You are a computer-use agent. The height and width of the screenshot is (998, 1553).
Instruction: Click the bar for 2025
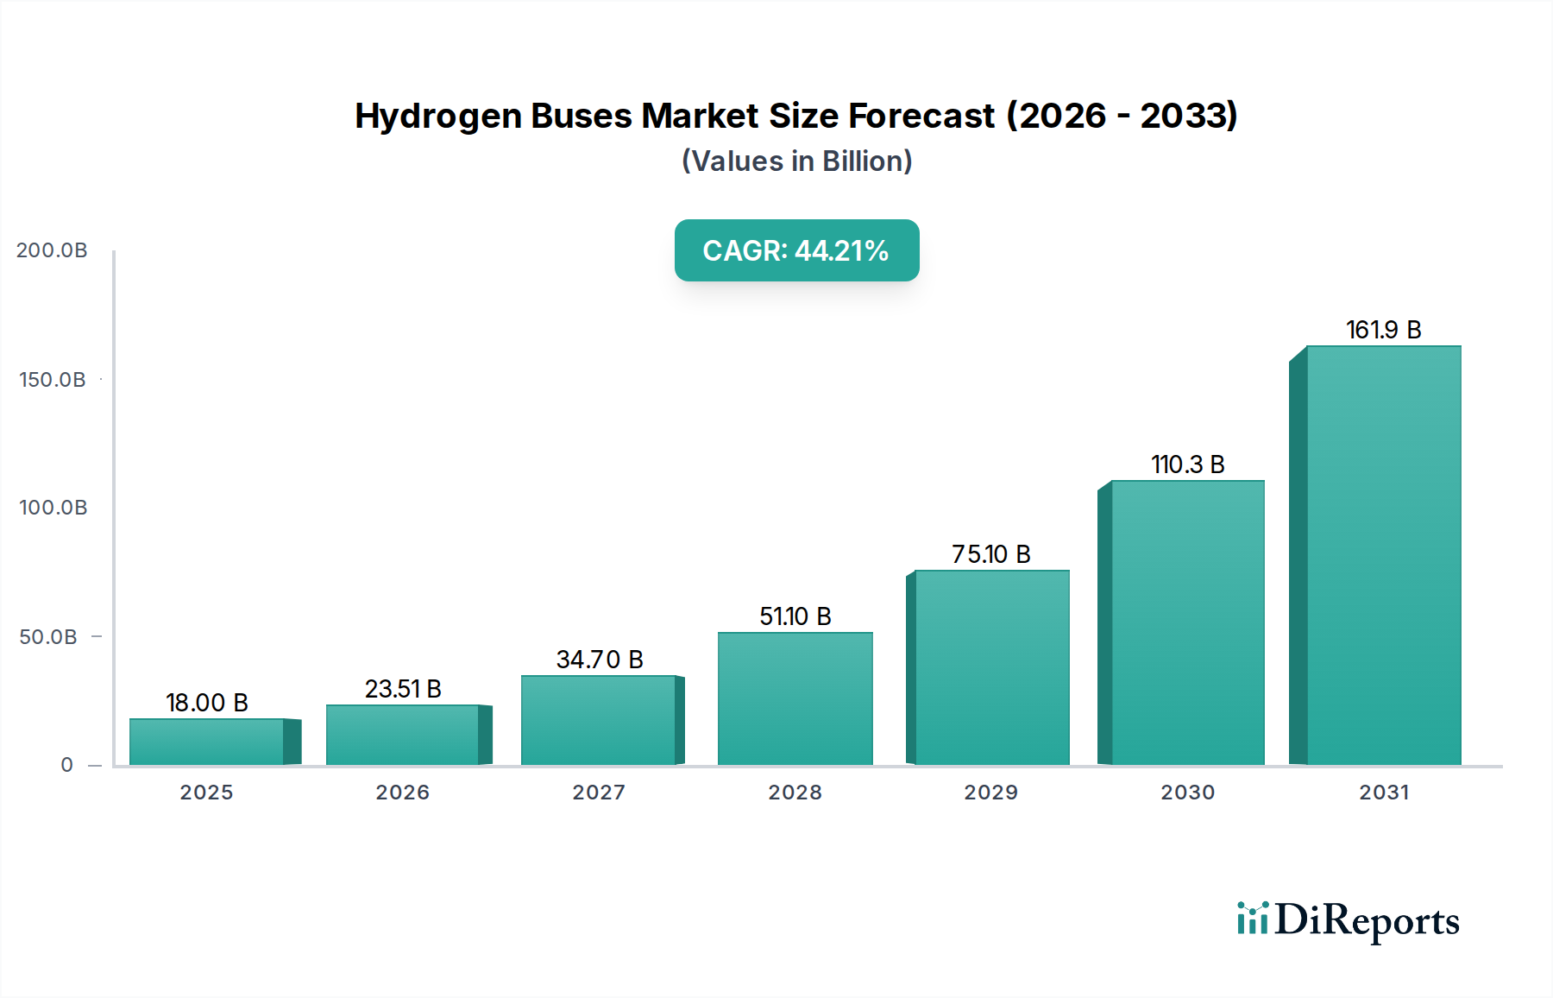(x=207, y=742)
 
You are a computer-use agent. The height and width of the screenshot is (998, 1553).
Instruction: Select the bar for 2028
(x=795, y=698)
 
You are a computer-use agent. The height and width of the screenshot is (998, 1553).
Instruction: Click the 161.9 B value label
(x=1383, y=330)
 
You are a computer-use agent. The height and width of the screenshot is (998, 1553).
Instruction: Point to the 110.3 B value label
(x=1187, y=464)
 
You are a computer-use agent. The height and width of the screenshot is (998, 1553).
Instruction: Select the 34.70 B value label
(x=600, y=660)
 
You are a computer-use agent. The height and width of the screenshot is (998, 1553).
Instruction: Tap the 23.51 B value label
(x=403, y=689)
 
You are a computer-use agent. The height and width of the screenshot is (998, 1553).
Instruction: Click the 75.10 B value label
(x=990, y=554)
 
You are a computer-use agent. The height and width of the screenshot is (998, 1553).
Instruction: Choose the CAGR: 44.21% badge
(x=796, y=250)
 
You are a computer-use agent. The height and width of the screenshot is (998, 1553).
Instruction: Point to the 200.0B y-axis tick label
(x=52, y=250)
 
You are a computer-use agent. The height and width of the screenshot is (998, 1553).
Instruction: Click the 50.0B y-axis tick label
(x=48, y=637)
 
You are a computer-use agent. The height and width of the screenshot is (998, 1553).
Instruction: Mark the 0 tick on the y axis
(x=67, y=765)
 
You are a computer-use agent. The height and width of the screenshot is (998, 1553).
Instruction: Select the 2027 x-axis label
(x=599, y=793)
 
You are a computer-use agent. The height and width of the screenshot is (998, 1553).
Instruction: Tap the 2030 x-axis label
(x=1187, y=793)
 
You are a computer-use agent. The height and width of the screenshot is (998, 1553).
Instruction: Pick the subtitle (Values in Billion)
(x=796, y=161)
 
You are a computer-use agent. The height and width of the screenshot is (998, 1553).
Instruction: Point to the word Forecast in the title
(x=921, y=116)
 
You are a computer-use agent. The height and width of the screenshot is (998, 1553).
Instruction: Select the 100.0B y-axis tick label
(x=53, y=508)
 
